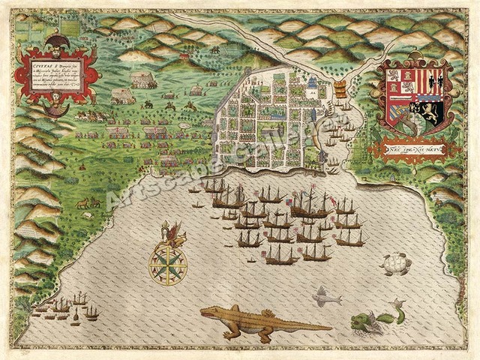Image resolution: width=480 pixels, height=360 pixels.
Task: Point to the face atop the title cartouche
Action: [x=55, y=40]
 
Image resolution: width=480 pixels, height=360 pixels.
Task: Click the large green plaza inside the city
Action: [x=269, y=132]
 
